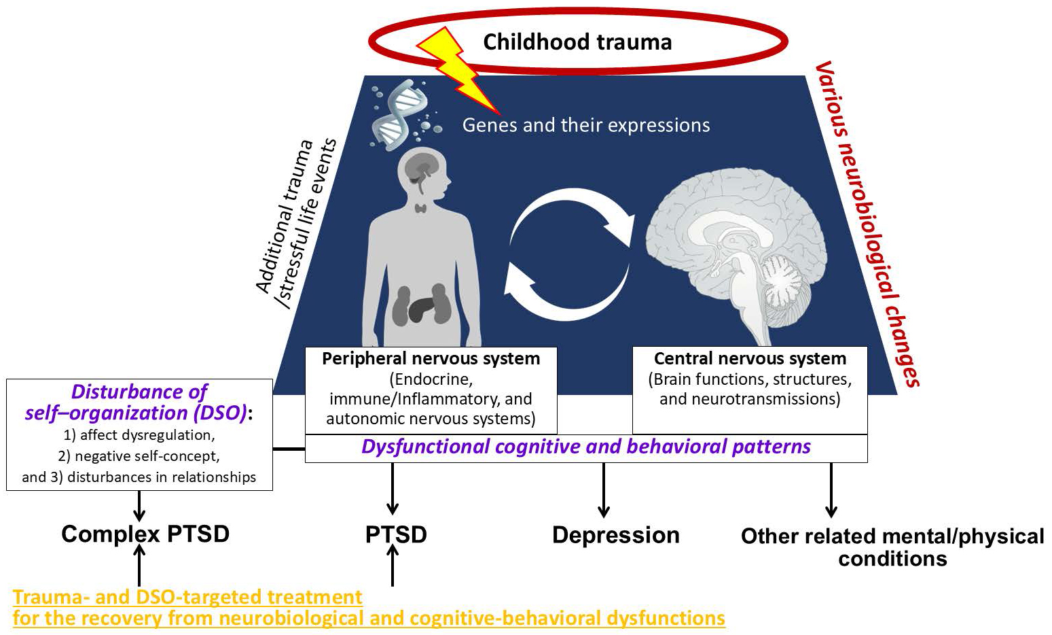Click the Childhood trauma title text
tap(577, 42)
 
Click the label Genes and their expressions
tap(586, 125)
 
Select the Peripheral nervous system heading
tap(431, 358)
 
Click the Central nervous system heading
tap(750, 358)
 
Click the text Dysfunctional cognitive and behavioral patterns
tap(585, 447)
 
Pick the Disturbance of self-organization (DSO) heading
tap(139, 402)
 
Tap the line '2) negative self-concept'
tap(139, 456)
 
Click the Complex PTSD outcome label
tap(145, 534)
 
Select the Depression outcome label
tap(615, 535)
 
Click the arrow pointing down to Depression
tap(603, 490)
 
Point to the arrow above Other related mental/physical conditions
tap(831, 490)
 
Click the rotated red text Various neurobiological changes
tap(866, 224)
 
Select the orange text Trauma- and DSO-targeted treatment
tap(187, 597)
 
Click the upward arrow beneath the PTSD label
tap(392, 566)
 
